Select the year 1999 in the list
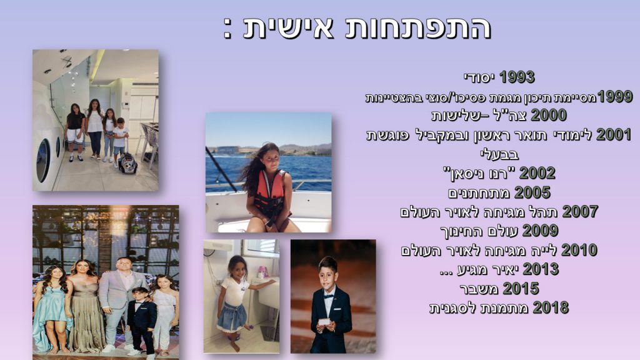point(615,96)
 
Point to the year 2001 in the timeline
point(614,134)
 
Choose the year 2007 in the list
point(580,211)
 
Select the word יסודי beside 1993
point(479,77)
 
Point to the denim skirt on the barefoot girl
point(232,316)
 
